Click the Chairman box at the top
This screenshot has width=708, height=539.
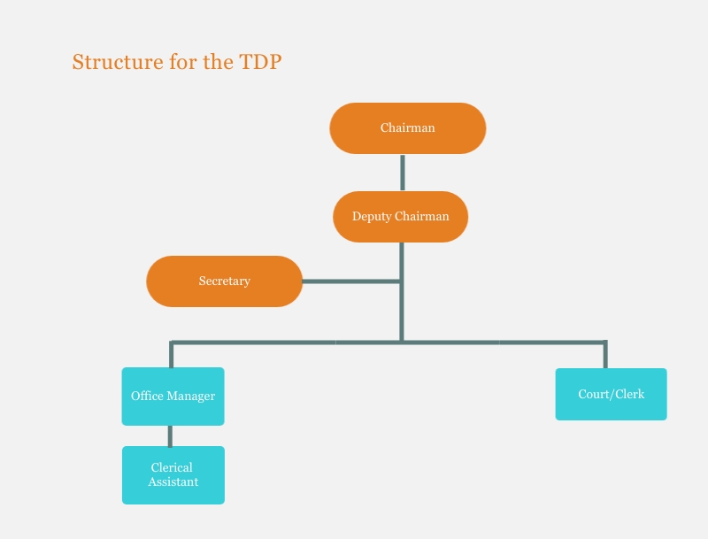[408, 128]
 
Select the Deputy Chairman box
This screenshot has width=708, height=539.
[401, 217]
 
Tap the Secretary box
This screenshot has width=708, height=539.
[225, 281]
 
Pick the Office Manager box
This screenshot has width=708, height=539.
[173, 397]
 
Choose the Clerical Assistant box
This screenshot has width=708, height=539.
[173, 475]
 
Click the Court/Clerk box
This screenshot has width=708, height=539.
[611, 394]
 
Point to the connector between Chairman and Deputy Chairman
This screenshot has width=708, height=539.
[403, 173]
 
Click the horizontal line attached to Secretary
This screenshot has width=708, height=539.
[350, 281]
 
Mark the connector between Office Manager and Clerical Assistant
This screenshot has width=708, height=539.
[170, 435]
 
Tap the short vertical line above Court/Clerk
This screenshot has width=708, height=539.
[605, 354]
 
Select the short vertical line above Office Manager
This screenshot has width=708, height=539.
[171, 354]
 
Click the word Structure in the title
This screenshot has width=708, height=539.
[118, 62]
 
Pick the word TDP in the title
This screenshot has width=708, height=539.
[260, 62]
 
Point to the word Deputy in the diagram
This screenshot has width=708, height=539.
[372, 217]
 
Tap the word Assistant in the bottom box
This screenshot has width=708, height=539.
[173, 482]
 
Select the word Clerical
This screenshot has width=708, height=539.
[172, 467]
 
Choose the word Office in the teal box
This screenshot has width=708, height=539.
[147, 396]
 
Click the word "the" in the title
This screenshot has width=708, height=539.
[218, 62]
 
